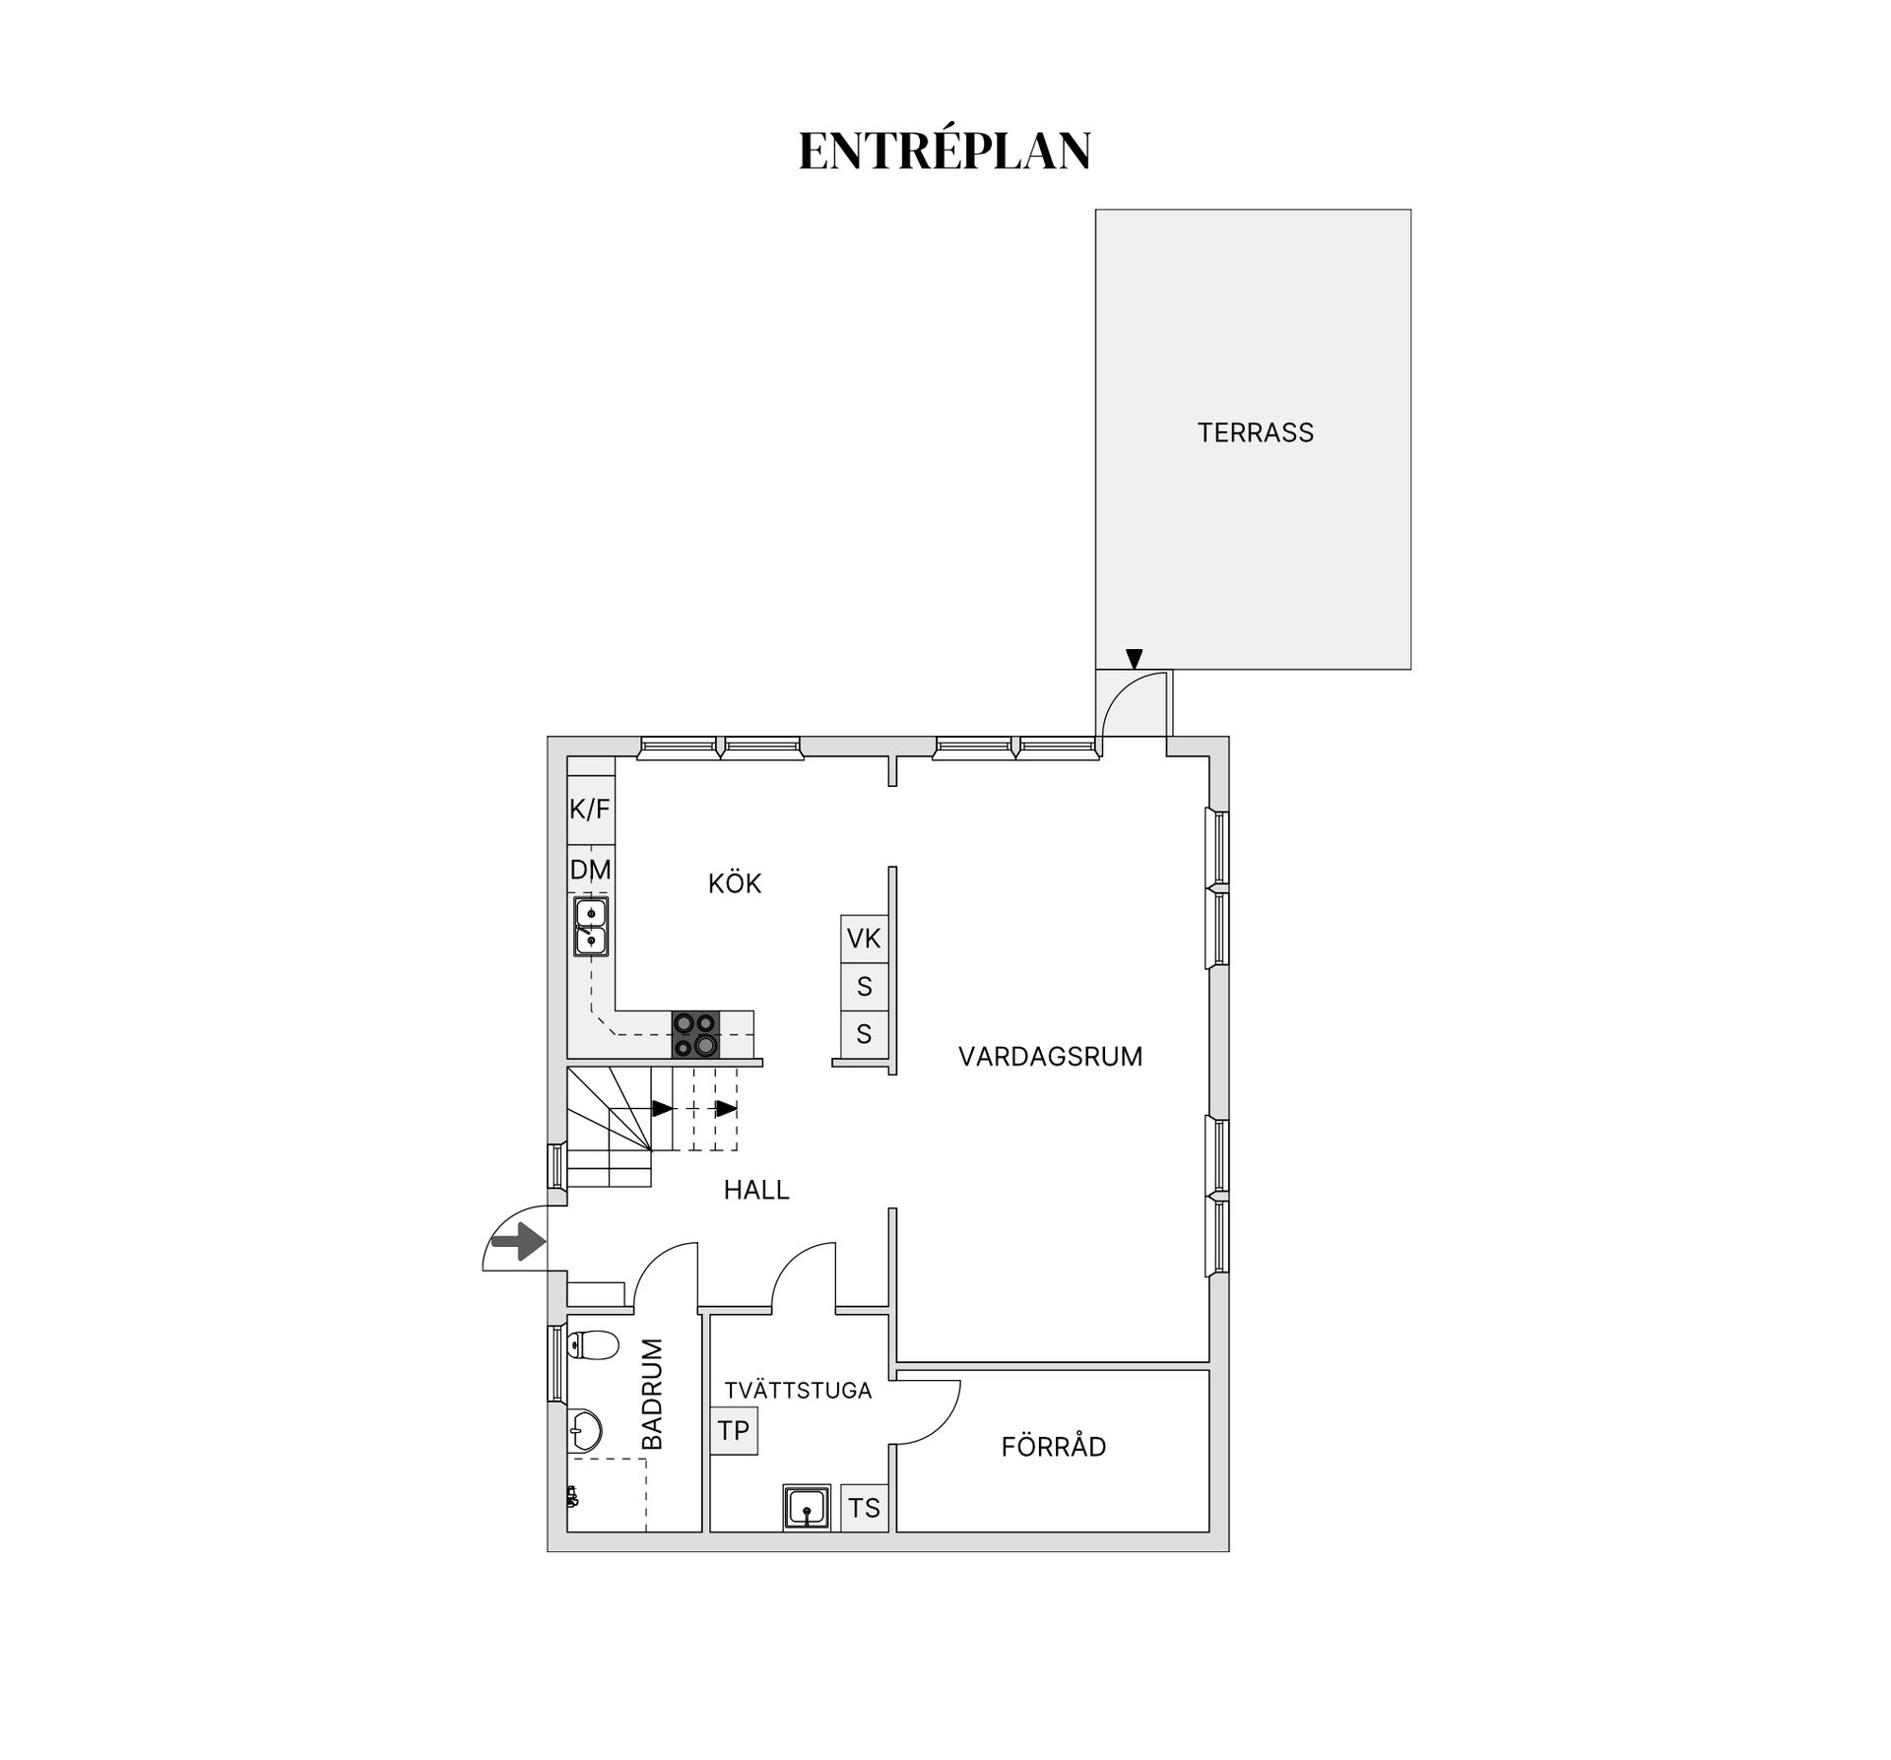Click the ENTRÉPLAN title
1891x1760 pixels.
click(x=945, y=151)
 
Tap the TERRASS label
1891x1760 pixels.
click(x=1255, y=432)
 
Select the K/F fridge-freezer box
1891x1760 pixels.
click(x=591, y=810)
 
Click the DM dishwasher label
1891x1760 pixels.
click(x=591, y=870)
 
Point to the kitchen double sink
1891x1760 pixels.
click(x=591, y=927)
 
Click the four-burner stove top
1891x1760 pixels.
click(x=695, y=1035)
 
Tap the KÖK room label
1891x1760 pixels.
click(x=735, y=883)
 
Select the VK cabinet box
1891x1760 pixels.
click(x=864, y=939)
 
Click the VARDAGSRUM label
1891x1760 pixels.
click(x=1050, y=1057)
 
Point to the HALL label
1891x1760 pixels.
click(x=756, y=1190)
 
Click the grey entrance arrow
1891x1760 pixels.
click(x=519, y=1242)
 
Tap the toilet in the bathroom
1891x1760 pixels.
click(x=593, y=1345)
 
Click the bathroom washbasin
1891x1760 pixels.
click(x=586, y=1431)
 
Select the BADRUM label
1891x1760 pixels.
click(x=652, y=1394)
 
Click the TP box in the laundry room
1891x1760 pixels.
click(x=734, y=1430)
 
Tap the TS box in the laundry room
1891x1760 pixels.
click(x=864, y=1508)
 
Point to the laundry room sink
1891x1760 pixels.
click(x=808, y=1508)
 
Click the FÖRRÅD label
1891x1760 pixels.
click(x=1054, y=1447)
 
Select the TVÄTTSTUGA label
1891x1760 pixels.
click(x=798, y=1390)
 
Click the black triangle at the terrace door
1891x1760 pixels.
click(x=1134, y=658)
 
